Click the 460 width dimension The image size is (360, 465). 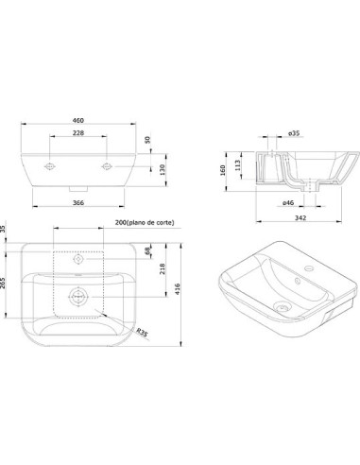pyautogui.click(x=78, y=120)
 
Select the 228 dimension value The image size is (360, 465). pyautogui.click(x=78, y=133)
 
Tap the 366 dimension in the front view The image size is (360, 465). pyautogui.click(x=78, y=203)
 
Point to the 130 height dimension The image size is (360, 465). pyautogui.click(x=163, y=170)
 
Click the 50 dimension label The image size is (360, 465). pyautogui.click(x=148, y=140)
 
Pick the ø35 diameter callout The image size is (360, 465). pyautogui.click(x=294, y=133)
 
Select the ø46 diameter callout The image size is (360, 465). pyautogui.click(x=288, y=203)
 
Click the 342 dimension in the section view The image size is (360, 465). pyautogui.click(x=300, y=217)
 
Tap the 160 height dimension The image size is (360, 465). pyautogui.click(x=223, y=170)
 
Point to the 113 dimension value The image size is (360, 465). pyautogui.click(x=238, y=165)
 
